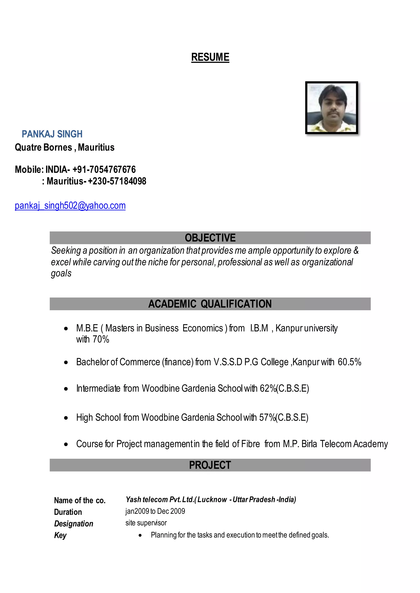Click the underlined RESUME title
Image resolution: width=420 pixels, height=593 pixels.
click(210, 57)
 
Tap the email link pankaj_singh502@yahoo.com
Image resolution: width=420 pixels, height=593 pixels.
click(70, 206)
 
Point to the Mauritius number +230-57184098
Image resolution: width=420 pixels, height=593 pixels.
click(117, 181)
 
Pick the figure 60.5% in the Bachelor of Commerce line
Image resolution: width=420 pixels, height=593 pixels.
click(349, 362)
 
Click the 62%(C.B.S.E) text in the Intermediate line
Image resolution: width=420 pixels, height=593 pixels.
click(284, 388)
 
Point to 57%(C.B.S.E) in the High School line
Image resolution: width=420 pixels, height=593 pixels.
click(283, 418)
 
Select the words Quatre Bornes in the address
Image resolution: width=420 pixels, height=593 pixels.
click(43, 147)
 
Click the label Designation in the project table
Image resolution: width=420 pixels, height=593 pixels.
click(74, 524)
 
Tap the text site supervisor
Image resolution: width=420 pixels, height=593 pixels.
click(146, 523)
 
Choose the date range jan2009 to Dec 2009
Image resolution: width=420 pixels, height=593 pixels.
click(155, 511)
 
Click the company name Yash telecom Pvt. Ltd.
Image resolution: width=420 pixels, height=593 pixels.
click(160, 500)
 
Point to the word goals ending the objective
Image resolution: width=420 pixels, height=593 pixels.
click(61, 274)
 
